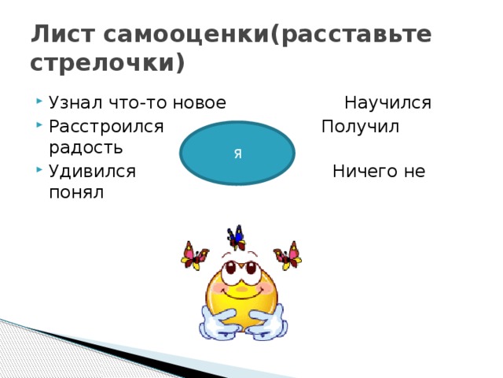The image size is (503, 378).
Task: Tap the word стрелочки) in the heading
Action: tap(108, 62)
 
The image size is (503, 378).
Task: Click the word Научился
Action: tap(387, 102)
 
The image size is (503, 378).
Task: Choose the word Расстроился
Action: tap(105, 126)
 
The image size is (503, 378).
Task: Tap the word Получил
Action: tap(362, 126)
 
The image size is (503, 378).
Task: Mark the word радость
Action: tap(85, 147)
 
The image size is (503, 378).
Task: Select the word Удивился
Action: tap(92, 170)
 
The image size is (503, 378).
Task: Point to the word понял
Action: tap(76, 192)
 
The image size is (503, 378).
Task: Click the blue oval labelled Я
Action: tap(237, 153)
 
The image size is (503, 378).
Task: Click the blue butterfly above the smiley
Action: tap(236, 235)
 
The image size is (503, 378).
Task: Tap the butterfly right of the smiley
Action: tap(288, 256)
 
